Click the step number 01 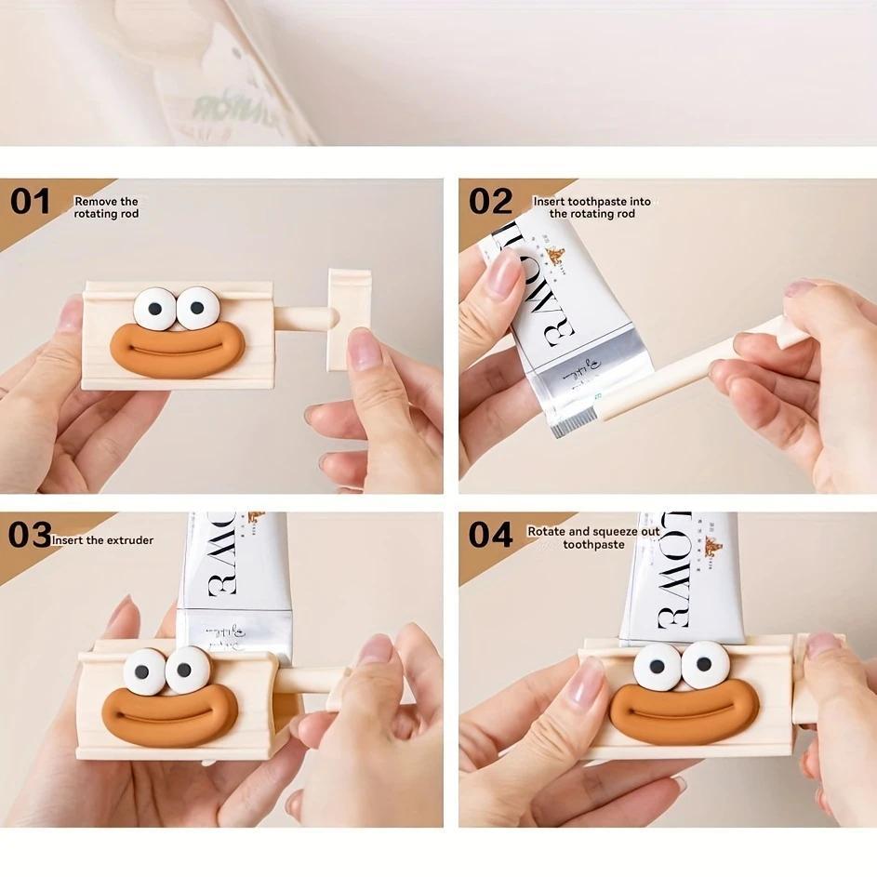click(30, 201)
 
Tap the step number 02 click(490, 201)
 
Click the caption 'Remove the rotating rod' click(106, 207)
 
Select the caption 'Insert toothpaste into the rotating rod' click(591, 207)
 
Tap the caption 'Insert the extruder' click(102, 540)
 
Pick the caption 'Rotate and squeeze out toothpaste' click(593, 538)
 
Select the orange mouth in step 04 click(684, 711)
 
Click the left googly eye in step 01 click(154, 309)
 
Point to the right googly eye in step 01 click(197, 309)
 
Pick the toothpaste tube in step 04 click(684, 577)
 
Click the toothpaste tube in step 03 click(237, 577)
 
